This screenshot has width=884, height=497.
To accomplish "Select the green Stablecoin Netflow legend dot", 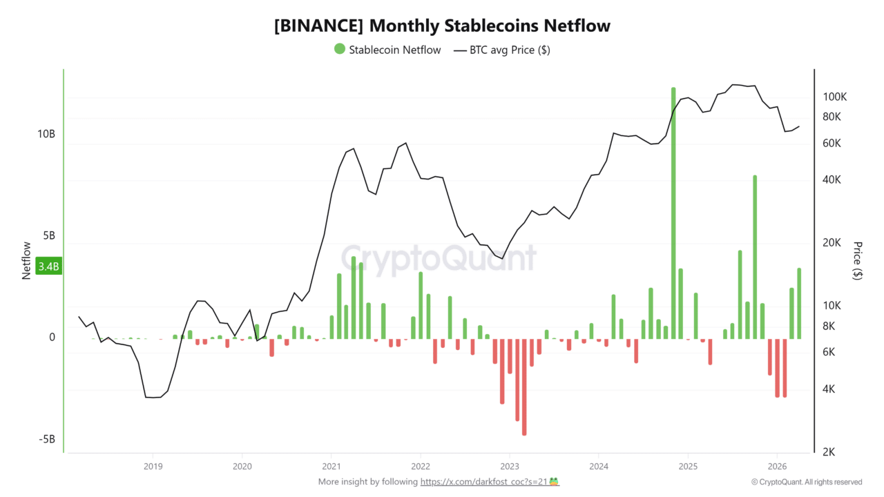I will pos(339,49).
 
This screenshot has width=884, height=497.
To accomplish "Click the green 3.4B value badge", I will pos(48,266).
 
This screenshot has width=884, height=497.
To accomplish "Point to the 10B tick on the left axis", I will pos(46,134).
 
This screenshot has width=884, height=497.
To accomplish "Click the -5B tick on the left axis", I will pos(46,440).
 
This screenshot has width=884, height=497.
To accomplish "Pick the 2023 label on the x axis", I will pos(510,466).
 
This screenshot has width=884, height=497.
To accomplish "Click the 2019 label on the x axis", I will pos(153,466).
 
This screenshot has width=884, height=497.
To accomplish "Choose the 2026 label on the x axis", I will pos(778,466).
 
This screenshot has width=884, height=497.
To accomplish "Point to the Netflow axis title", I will pos(27,260).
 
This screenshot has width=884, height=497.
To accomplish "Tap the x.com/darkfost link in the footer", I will pos(483,482).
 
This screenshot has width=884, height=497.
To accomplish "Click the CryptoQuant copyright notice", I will pos(807,482).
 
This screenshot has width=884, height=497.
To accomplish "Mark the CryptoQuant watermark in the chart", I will pos(439,258).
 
